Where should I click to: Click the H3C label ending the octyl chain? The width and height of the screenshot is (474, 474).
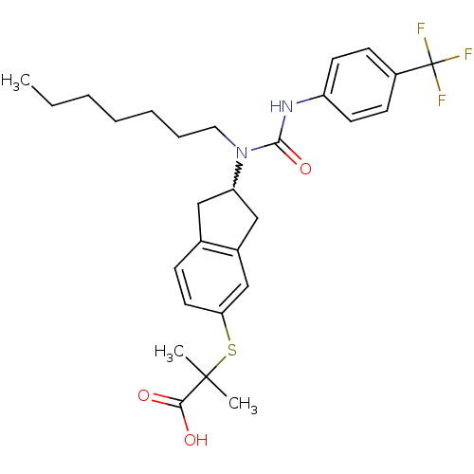point(16,82)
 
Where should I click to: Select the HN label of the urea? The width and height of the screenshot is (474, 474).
point(282,106)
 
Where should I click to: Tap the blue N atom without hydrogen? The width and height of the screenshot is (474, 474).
point(242,153)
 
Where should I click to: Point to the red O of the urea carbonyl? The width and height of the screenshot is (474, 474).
point(305,169)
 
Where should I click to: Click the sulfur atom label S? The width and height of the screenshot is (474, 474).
point(232,350)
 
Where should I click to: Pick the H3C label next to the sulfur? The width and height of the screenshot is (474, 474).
point(169,353)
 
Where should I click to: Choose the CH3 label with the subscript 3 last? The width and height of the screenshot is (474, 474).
point(243,405)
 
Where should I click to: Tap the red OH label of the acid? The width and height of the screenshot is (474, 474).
point(196,440)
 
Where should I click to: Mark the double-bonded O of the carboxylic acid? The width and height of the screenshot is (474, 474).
point(144,395)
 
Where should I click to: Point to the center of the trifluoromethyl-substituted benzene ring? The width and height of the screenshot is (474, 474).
point(359,84)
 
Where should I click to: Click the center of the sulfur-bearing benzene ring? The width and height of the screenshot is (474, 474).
point(211,278)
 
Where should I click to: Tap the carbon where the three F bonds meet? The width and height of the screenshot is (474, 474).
point(432,64)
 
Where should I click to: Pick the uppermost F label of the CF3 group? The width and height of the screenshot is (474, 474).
point(421,29)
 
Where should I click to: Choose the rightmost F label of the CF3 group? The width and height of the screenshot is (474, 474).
point(468,54)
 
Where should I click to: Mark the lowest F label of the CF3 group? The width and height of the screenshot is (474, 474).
point(442,100)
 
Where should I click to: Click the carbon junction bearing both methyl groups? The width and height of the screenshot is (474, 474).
point(206,376)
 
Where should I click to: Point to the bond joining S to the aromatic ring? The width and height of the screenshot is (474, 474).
point(226,327)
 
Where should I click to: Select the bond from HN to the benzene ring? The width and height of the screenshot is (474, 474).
point(310,99)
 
